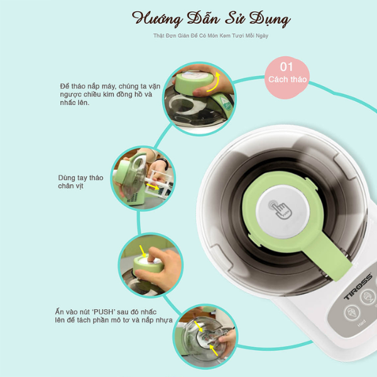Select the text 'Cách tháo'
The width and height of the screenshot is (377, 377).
pyautogui.click(x=287, y=80)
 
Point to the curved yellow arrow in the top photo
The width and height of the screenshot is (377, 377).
pyautogui.click(x=216, y=81)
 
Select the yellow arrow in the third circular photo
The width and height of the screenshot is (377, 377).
pyautogui.click(x=146, y=253)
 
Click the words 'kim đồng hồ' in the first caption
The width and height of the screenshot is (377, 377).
pyautogui.click(x=117, y=94)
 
